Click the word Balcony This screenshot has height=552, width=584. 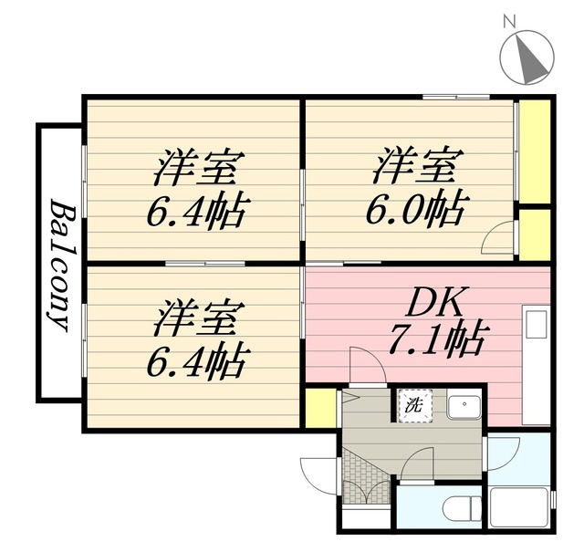click(59, 265)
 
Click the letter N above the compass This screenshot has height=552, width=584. click(511, 20)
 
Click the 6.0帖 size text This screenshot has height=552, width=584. click(415, 210)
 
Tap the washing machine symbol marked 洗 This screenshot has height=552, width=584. click(411, 405)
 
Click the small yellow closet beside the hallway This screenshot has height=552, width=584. click(318, 407)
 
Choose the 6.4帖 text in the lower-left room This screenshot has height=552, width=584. click(195, 360)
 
